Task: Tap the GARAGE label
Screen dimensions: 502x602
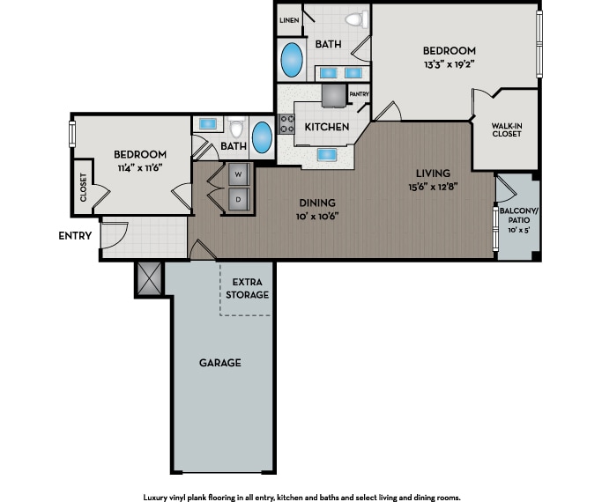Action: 219,363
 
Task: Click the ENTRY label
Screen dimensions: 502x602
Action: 76,235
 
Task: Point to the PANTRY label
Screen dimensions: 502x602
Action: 359,94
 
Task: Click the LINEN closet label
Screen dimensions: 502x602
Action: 288,19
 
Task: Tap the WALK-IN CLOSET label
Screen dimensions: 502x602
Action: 507,129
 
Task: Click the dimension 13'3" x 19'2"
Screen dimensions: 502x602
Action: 449,64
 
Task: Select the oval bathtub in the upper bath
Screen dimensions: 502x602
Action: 292,60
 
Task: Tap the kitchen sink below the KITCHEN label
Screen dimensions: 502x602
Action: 330,156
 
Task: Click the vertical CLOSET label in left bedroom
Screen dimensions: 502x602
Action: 84,187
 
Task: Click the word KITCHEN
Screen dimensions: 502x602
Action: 327,127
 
